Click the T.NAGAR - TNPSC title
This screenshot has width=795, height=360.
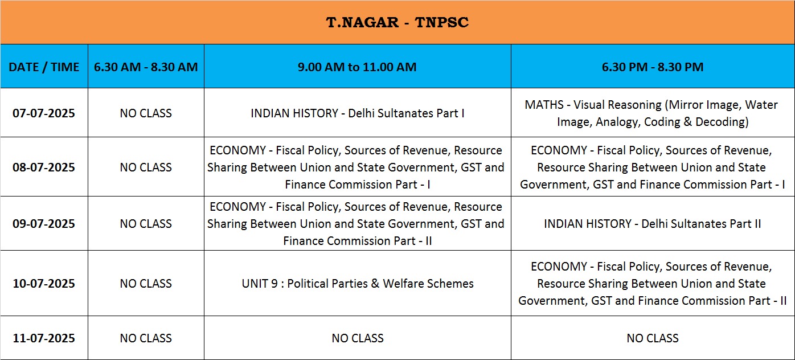point(397,22)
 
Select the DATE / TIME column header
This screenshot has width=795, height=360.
point(44,67)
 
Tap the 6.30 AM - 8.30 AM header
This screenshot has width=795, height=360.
point(146,67)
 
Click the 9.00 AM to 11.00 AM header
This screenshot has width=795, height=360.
point(357,67)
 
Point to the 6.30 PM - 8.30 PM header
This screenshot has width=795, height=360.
point(652,67)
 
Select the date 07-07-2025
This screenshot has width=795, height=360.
point(44,113)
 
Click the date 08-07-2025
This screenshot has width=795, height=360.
point(44,167)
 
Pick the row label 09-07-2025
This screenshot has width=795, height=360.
point(44,224)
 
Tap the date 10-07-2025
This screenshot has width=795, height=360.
point(44,283)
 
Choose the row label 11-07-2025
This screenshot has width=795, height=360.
point(44,338)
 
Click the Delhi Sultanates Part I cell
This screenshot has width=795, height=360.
point(358,113)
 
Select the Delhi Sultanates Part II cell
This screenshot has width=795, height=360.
point(652,224)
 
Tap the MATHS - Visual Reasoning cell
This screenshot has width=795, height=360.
point(652,113)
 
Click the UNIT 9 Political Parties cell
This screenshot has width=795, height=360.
point(358,283)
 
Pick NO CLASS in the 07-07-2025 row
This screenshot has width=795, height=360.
point(146,113)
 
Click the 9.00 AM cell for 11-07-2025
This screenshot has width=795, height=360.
point(358,338)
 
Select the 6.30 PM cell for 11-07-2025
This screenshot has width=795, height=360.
point(652,338)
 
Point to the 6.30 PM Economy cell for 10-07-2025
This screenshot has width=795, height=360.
point(652,283)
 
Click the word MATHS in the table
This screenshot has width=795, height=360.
point(544,105)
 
